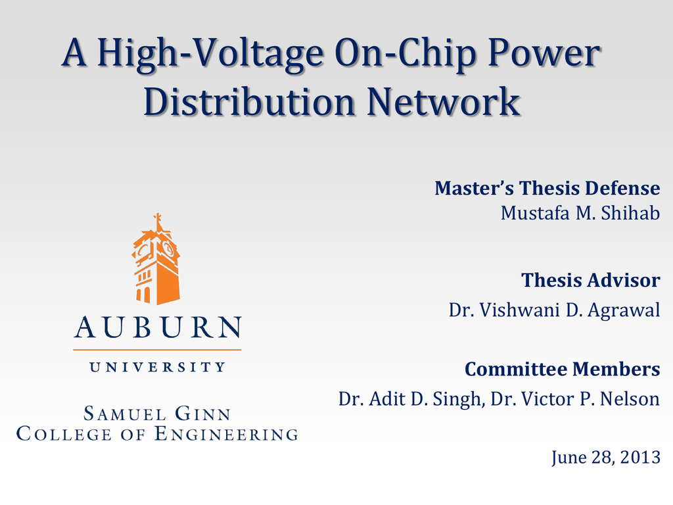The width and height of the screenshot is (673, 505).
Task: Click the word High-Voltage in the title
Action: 210,53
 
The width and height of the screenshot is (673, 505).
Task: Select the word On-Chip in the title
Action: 405,53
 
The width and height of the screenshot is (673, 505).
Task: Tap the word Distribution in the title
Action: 249,101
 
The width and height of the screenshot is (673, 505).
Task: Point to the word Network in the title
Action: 443,101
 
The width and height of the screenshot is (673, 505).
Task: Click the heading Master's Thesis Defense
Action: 547,188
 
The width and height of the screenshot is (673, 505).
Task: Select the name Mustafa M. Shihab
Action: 580,213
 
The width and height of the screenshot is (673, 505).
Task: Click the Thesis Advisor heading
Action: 591,280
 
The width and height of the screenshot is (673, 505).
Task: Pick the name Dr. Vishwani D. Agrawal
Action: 554,310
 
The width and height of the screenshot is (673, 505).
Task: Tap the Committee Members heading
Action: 563,369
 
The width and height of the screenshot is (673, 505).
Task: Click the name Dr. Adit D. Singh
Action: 411,399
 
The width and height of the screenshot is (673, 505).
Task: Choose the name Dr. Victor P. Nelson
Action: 575,399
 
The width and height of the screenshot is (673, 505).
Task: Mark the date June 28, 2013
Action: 605,457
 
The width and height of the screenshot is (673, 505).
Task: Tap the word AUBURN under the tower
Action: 158,327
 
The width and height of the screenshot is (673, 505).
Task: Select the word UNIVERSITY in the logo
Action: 158,367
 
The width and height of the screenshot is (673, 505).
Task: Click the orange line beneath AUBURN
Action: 157,350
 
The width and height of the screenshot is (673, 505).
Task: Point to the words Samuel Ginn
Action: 157,414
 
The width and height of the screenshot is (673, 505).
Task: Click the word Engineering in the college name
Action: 226,434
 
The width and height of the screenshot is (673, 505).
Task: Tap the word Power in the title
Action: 544,53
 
